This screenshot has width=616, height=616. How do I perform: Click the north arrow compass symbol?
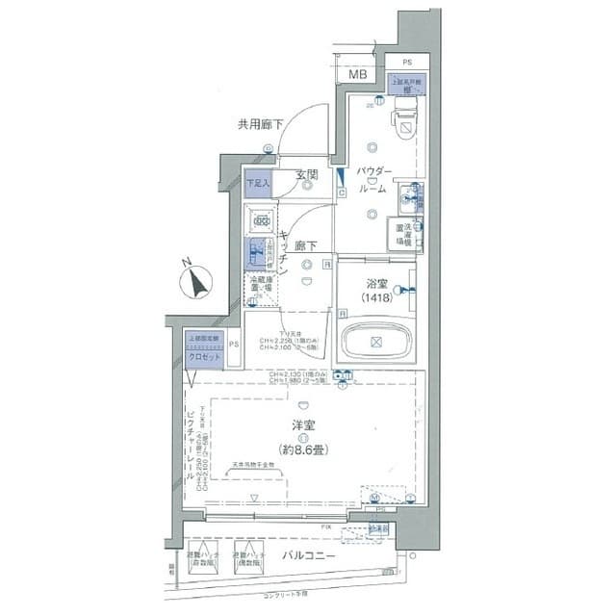197,282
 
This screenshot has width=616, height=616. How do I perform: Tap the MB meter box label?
357,75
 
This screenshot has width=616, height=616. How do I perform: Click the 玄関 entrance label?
306,175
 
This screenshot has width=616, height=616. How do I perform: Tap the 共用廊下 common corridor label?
260,124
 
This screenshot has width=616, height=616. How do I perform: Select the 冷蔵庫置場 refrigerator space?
260,285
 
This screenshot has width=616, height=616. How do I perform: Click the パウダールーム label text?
373,180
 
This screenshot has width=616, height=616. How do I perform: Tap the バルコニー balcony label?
310,557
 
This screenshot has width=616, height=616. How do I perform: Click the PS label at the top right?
407,61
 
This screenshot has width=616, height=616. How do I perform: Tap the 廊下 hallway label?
307,245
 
